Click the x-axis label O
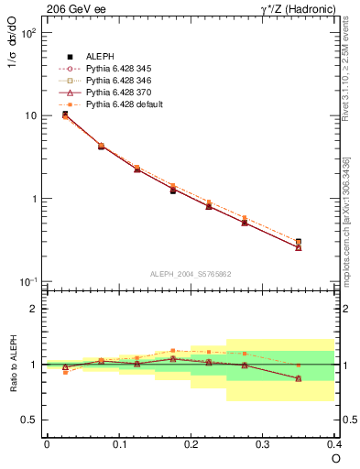pyautogui.click(x=334, y=458)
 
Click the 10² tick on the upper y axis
pyautogui.click(x=27, y=33)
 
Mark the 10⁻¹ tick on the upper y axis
pyautogui.click(x=27, y=281)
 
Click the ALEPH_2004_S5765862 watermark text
pyautogui.click(x=190, y=275)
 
